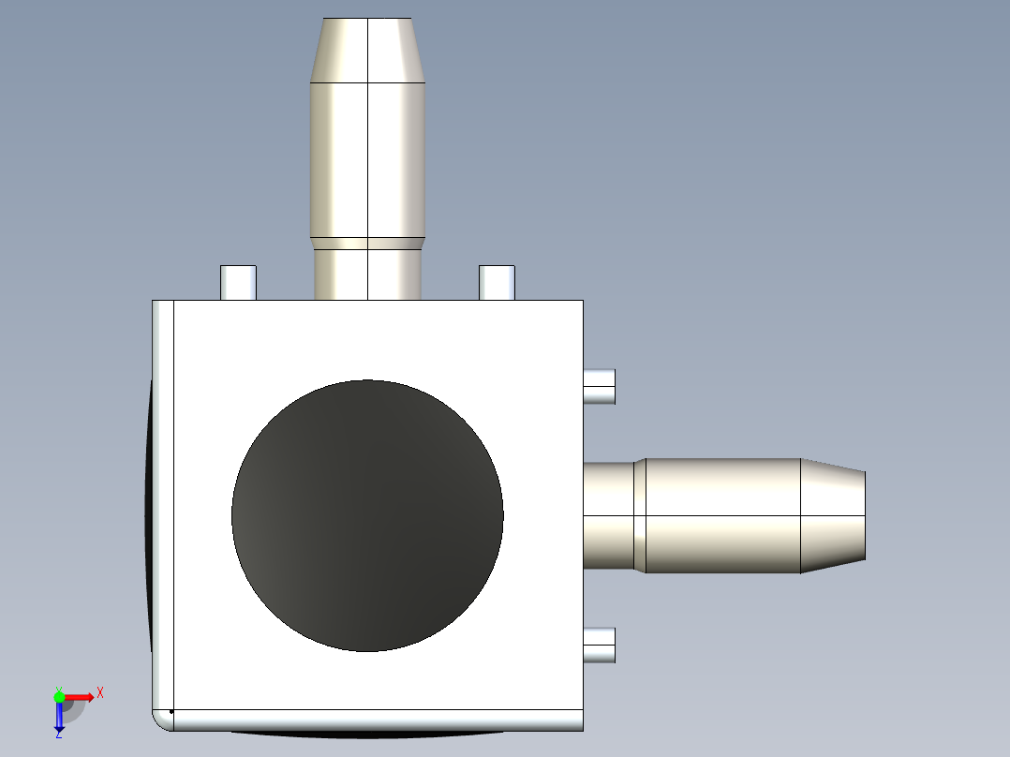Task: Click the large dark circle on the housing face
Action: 367,515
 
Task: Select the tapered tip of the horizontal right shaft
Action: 832,515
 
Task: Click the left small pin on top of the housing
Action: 238,283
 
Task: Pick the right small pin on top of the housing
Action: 497,283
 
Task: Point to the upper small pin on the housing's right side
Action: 600,386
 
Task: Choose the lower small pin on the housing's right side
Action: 600,645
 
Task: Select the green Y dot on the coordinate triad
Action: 59,696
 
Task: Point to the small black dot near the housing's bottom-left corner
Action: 171,712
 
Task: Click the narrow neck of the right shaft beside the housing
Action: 609,515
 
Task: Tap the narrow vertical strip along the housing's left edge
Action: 163,506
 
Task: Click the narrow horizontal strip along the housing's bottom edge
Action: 375,720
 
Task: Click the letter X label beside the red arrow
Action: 100,693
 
